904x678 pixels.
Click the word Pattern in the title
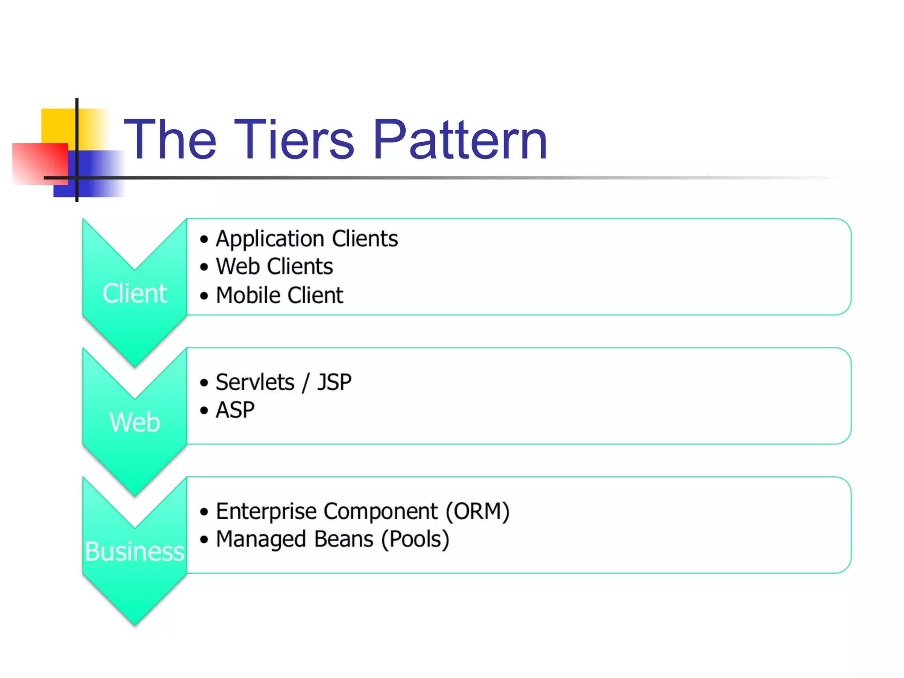tap(460, 140)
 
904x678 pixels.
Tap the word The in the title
tap(170, 140)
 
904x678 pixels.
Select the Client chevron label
tap(135, 294)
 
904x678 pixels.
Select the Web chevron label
tap(135, 422)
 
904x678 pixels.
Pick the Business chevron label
tap(135, 552)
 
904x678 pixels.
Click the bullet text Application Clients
tap(307, 239)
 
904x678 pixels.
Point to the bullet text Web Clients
tap(274, 267)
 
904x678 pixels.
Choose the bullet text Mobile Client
tap(279, 295)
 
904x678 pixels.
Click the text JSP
tap(335, 382)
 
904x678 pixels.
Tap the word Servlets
tap(255, 382)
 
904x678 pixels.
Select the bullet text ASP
tap(235, 410)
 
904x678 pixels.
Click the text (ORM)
tap(477, 512)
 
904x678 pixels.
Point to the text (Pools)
tap(415, 539)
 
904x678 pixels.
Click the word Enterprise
tap(266, 512)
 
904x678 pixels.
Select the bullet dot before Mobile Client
tap(203, 296)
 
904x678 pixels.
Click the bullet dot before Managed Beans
tap(203, 539)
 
